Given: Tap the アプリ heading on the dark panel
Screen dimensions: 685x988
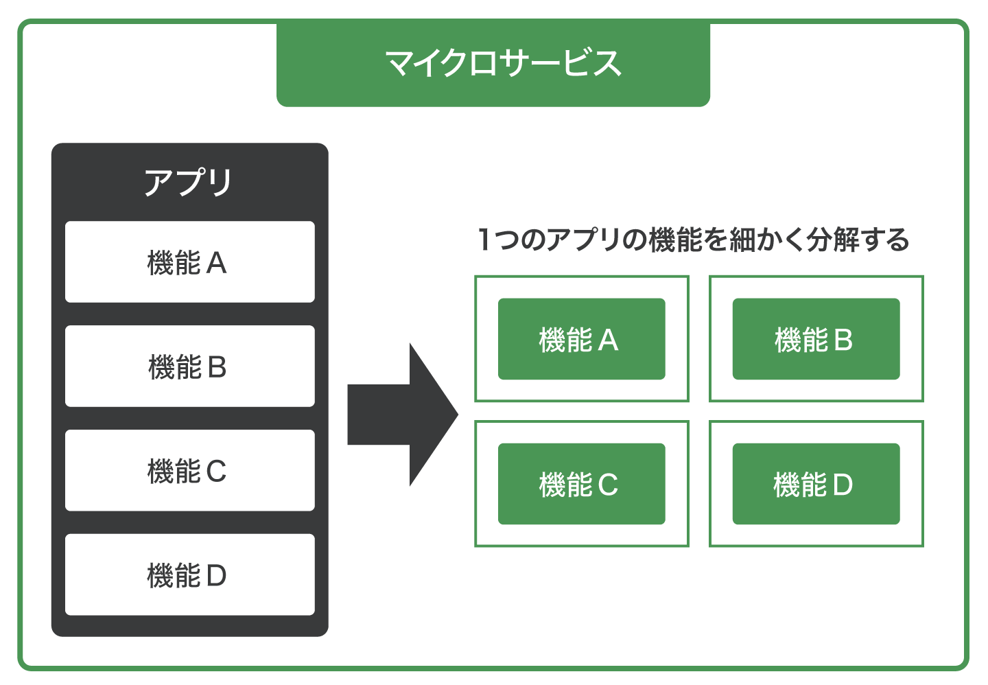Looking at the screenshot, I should (189, 183).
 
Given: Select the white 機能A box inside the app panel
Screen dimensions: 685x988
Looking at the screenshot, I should (189, 262).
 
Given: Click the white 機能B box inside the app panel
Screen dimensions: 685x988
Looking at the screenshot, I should (189, 366).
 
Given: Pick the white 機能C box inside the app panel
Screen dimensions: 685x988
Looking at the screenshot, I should (189, 470).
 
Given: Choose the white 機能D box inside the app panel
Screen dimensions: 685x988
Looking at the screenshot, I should (189, 574).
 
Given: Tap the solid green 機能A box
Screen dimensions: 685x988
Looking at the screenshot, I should (581, 339).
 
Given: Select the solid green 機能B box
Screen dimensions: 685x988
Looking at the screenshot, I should (816, 339).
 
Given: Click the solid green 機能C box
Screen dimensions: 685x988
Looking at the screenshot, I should (581, 484).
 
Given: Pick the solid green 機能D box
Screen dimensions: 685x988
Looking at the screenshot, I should (816, 484).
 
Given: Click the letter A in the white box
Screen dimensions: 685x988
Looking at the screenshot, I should (216, 264).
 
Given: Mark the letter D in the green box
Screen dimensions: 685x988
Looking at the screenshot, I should (843, 485).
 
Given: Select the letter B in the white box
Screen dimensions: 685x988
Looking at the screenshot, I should (217, 368).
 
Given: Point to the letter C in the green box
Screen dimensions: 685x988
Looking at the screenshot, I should (608, 485).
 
